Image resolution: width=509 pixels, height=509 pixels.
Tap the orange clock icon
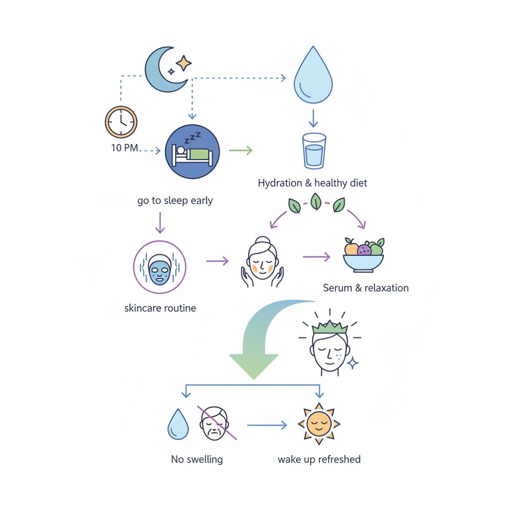pyautogui.click(x=121, y=121)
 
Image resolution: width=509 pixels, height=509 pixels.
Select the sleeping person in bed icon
pyautogui.click(x=191, y=151)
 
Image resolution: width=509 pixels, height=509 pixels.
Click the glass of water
pyautogui.click(x=314, y=150)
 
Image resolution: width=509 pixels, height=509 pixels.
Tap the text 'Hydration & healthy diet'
pyautogui.click(x=312, y=183)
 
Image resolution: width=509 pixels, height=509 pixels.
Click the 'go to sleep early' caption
pyautogui.click(x=175, y=201)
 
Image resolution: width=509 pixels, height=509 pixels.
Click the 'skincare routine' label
pyautogui.click(x=160, y=308)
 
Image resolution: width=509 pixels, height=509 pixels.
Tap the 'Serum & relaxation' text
pyautogui.click(x=365, y=288)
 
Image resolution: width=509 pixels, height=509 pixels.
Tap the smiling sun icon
pyautogui.click(x=319, y=424)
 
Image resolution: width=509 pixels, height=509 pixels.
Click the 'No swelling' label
pyautogui.click(x=197, y=459)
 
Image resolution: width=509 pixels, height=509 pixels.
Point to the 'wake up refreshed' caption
pyautogui.click(x=319, y=459)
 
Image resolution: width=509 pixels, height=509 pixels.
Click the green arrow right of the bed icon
pyautogui.click(x=241, y=150)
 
